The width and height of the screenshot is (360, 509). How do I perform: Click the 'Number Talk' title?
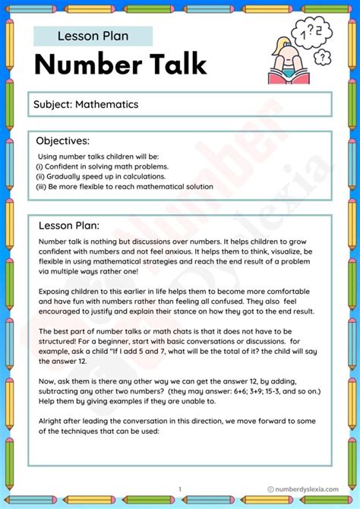(120, 65)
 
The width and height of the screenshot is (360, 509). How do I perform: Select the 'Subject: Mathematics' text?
(85, 104)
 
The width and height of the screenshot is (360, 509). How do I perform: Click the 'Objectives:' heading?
(63, 141)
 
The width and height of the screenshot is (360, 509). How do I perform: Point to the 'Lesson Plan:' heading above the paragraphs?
(69, 225)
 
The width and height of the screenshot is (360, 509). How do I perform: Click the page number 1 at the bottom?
(180, 489)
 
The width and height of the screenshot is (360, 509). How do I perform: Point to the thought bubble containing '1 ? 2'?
(309, 32)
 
